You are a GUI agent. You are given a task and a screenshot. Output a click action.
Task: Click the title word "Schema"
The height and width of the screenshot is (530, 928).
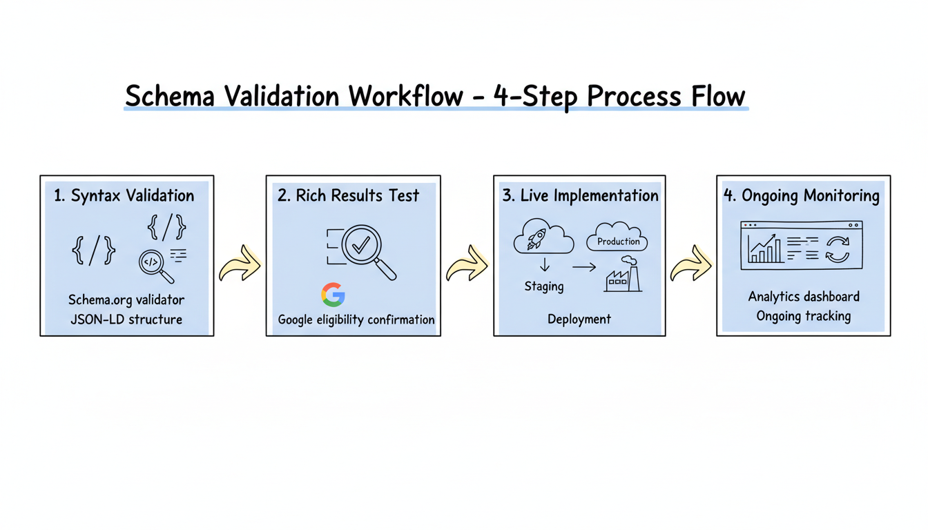(170, 96)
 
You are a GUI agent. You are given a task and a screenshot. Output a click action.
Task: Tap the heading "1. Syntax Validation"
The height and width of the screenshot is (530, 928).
(124, 196)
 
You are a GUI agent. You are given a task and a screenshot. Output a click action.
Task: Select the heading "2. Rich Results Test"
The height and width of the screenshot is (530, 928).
(348, 196)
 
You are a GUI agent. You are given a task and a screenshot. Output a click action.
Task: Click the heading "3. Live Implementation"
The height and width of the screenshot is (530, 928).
(580, 196)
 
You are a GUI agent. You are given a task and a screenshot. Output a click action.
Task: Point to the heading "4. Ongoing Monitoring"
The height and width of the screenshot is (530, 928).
(801, 196)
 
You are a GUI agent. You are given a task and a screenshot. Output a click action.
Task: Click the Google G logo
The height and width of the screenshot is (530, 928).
(333, 295)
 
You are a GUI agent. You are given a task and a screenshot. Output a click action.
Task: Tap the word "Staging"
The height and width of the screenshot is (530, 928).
(543, 286)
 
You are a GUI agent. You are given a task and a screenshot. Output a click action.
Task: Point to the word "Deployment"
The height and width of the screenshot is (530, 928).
(579, 320)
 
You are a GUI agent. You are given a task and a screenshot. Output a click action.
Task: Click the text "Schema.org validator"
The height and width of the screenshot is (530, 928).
(126, 300)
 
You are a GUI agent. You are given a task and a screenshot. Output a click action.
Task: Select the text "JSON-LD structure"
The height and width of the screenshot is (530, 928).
(126, 320)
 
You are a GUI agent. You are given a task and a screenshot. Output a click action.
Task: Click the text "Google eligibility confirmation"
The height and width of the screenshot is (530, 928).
(356, 320)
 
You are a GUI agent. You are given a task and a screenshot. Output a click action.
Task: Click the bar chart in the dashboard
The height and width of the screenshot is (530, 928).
(762, 250)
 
